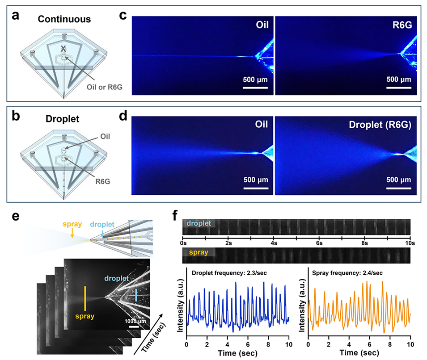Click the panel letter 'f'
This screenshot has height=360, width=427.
[176, 215]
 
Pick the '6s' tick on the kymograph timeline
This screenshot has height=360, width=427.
[319, 243]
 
